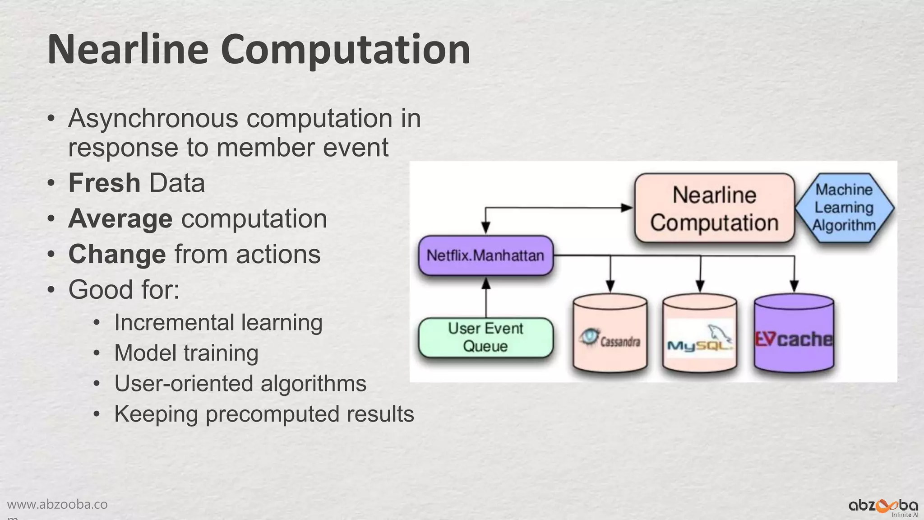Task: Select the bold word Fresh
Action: tap(104, 183)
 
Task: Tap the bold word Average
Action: tap(120, 218)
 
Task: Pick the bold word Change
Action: tap(117, 254)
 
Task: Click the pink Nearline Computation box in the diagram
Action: tap(714, 208)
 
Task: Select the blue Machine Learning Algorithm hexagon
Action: tap(844, 208)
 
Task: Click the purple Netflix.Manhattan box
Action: tap(485, 255)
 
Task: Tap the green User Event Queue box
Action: tap(485, 337)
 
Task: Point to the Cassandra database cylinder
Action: tap(610, 334)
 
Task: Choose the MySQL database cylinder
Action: tap(699, 334)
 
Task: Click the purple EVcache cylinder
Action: tap(794, 334)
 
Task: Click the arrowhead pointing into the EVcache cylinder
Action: tap(794, 286)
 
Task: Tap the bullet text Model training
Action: tap(186, 353)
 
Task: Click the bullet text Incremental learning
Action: tap(218, 323)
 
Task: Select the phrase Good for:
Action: tap(124, 289)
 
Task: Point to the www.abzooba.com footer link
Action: tap(57, 505)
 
